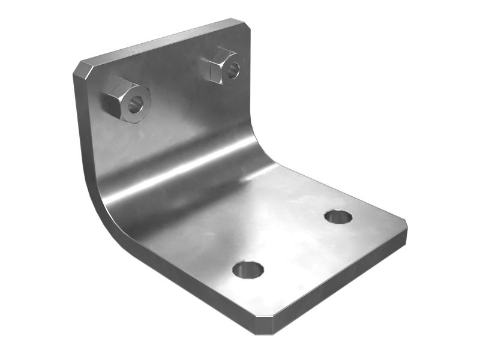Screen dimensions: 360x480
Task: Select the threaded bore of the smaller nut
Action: point(233,70)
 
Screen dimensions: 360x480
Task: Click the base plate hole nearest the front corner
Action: point(248,269)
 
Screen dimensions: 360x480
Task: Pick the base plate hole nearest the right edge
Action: point(338,217)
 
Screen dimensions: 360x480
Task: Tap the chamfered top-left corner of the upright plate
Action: point(82,68)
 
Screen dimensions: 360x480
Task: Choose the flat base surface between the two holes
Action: point(294,243)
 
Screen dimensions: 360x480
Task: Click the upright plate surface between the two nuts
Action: point(180,90)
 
